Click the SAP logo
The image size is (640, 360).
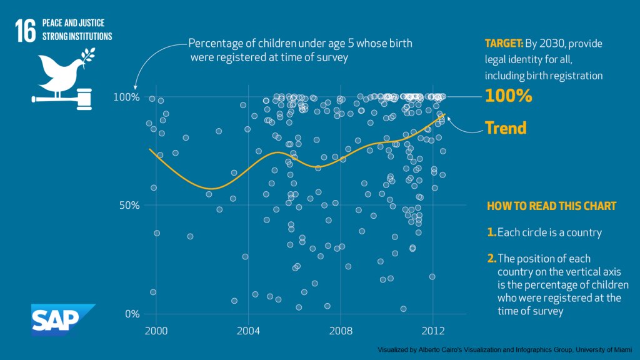click(x=62, y=319)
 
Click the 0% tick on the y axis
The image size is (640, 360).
click(x=132, y=314)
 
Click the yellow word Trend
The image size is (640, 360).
click(x=506, y=128)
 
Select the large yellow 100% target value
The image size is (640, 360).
click(x=509, y=96)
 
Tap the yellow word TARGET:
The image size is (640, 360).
click(x=504, y=44)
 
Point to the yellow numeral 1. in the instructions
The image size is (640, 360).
click(x=491, y=232)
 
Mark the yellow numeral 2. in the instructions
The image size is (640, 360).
click(x=491, y=258)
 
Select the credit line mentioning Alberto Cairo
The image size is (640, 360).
click(x=504, y=350)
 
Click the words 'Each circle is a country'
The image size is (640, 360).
click(x=549, y=232)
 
